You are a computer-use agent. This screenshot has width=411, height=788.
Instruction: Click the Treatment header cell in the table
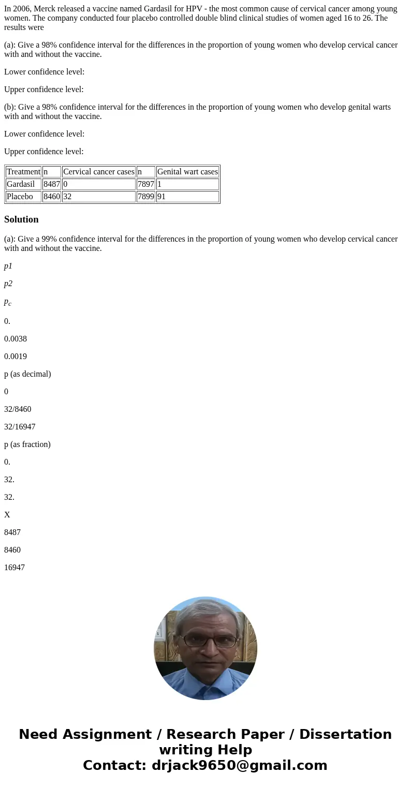(23, 172)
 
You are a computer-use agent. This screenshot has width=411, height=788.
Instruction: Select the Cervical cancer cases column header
(98, 172)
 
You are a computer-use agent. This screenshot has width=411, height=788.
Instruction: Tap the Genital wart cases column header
(187, 172)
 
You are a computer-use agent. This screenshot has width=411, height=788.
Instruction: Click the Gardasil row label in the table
(21, 184)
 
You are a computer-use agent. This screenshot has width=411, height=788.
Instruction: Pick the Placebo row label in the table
(20, 197)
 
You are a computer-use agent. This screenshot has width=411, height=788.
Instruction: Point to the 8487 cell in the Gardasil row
(52, 184)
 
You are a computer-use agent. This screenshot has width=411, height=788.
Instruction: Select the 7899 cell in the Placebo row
(146, 197)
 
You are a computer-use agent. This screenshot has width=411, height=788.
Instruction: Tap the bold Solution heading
(21, 219)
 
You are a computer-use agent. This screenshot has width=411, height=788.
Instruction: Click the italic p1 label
(8, 266)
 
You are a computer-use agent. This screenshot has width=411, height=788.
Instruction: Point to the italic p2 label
(8, 284)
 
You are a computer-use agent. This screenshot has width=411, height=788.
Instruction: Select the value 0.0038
(16, 339)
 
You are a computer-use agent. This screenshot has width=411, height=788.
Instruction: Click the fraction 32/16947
(20, 427)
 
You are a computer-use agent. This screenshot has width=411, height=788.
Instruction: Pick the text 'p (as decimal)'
(27, 374)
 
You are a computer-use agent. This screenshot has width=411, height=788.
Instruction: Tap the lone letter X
(7, 515)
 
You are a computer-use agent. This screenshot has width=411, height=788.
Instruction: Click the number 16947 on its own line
(14, 568)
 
